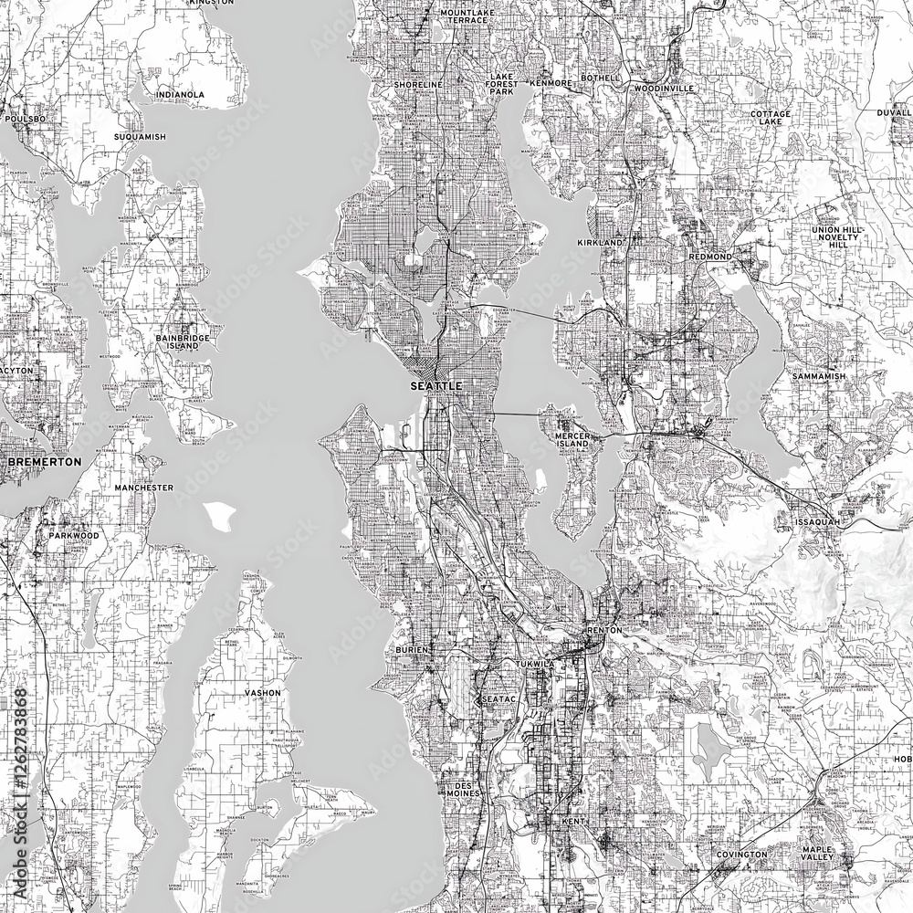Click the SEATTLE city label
click(437, 387)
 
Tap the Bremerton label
click(44, 462)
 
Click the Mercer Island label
click(575, 442)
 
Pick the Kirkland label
click(599, 244)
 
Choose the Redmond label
click(710, 257)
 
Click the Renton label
click(604, 630)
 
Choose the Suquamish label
click(140, 136)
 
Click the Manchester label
click(143, 488)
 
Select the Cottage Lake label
click(771, 118)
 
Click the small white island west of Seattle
click(219, 516)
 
